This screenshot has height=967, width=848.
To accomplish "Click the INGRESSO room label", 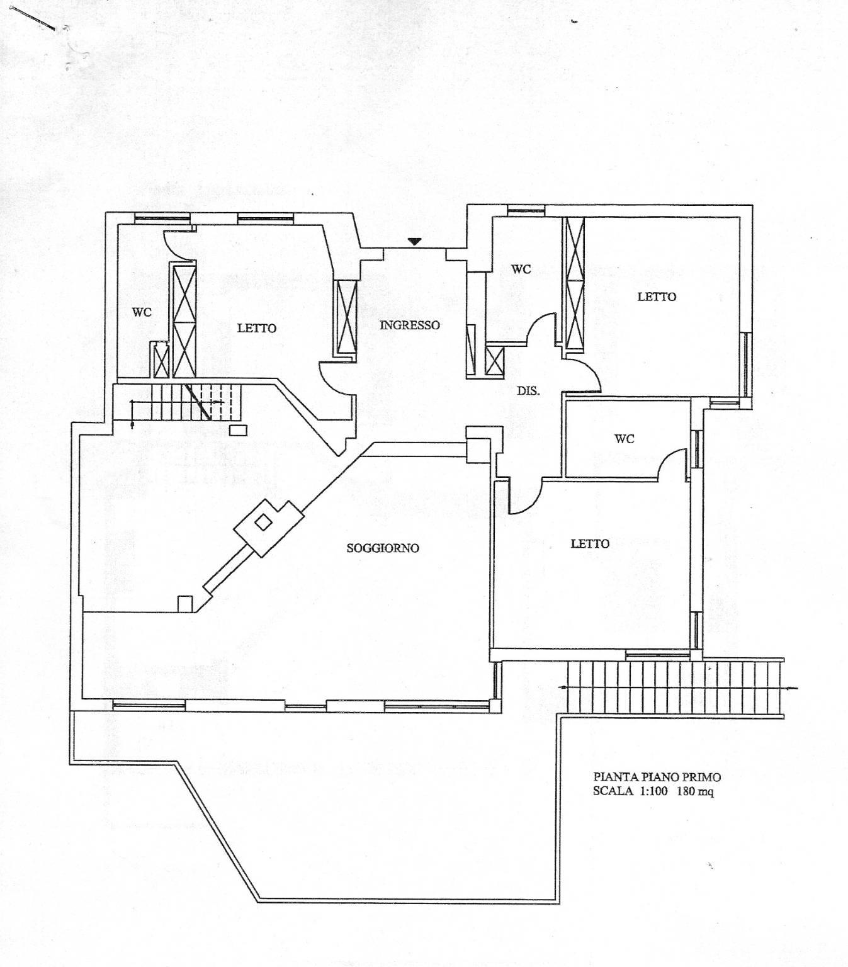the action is pos(409,325).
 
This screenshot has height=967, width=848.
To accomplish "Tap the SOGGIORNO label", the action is pos(383,548).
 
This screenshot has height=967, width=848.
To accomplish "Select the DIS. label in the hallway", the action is pos(528,391).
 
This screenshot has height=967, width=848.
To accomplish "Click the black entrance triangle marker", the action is pos(414,242).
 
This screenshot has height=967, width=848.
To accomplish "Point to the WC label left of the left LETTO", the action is pos(142,312).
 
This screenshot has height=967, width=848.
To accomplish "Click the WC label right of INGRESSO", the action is pos(521,269).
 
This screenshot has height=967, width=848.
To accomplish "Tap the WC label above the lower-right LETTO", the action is pos(624,438).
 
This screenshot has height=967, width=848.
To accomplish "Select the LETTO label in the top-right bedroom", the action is pos(657,297).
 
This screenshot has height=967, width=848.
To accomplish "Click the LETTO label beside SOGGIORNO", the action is pos(590,544).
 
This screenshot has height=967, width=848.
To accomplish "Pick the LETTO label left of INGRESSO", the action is pos(257,329).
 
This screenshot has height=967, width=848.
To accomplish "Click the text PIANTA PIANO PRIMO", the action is pos(657,777).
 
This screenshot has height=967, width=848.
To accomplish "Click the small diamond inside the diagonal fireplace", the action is pos(263,523).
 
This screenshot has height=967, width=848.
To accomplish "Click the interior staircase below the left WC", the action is pos(186,402).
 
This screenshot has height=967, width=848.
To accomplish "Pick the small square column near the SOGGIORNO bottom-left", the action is pos(184,604).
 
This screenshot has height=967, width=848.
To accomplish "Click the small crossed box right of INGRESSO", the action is pos(494,360).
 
